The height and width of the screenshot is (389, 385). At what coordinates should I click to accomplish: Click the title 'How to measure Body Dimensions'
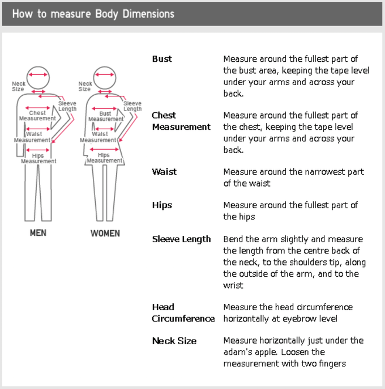[x=93, y=14]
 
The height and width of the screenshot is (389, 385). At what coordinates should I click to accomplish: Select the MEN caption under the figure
[x=38, y=233]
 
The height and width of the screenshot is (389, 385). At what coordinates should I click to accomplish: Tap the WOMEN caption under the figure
[x=105, y=233]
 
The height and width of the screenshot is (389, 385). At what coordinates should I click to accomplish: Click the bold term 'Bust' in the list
[x=162, y=59]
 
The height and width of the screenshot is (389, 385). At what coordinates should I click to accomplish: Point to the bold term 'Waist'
[x=164, y=172]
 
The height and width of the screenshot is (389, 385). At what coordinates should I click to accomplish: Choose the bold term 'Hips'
[x=162, y=205]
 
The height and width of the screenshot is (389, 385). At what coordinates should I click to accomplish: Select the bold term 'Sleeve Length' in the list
[x=181, y=239]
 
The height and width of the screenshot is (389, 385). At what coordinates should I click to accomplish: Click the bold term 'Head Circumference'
[x=183, y=313]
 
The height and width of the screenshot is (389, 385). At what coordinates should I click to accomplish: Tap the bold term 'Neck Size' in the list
[x=174, y=341]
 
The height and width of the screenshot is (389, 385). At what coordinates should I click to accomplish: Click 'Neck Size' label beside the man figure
[x=19, y=86]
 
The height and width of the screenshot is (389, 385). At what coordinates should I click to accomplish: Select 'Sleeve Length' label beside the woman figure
[x=132, y=106]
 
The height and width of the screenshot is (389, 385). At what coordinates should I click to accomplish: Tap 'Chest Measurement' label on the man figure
[x=37, y=116]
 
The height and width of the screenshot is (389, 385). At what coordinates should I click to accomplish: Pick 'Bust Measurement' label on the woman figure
[x=105, y=116]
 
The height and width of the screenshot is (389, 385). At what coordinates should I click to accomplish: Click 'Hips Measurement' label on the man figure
[x=38, y=158]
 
